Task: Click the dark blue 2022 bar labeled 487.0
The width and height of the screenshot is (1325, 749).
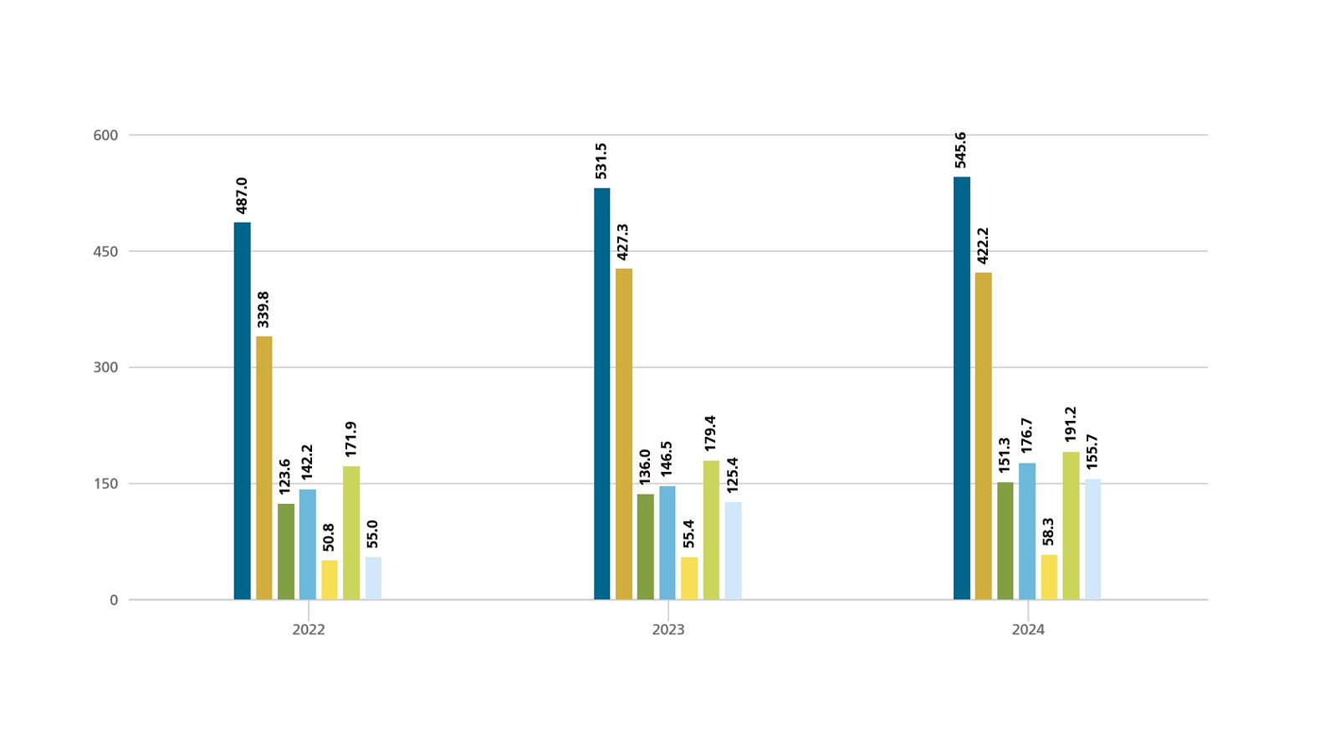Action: [x=242, y=411]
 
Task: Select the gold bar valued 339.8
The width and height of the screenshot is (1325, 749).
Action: [x=263, y=468]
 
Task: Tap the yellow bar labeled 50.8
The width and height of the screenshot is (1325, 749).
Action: [x=330, y=580]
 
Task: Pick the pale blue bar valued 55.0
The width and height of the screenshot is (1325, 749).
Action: [x=373, y=578]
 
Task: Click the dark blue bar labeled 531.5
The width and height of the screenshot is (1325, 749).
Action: [x=601, y=393]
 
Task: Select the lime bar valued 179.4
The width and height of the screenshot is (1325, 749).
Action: [x=711, y=530]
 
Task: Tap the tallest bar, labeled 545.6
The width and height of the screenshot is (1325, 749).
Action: [x=961, y=388]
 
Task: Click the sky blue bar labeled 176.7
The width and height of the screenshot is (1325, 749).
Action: [x=1026, y=531]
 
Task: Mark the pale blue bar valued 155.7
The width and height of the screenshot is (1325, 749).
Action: [x=1092, y=539]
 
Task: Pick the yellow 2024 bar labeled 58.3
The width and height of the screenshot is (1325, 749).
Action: [x=1049, y=577]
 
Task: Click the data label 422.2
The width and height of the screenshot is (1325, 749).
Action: [x=983, y=245]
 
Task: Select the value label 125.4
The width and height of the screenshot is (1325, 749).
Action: [x=733, y=475]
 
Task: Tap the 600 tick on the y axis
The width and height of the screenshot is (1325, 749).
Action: [x=105, y=136]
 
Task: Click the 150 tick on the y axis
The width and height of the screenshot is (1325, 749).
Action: [x=105, y=484]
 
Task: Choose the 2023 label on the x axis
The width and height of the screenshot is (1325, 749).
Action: [x=668, y=630]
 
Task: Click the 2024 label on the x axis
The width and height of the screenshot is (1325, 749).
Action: [x=1027, y=630]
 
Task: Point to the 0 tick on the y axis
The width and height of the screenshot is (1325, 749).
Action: [x=114, y=600]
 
